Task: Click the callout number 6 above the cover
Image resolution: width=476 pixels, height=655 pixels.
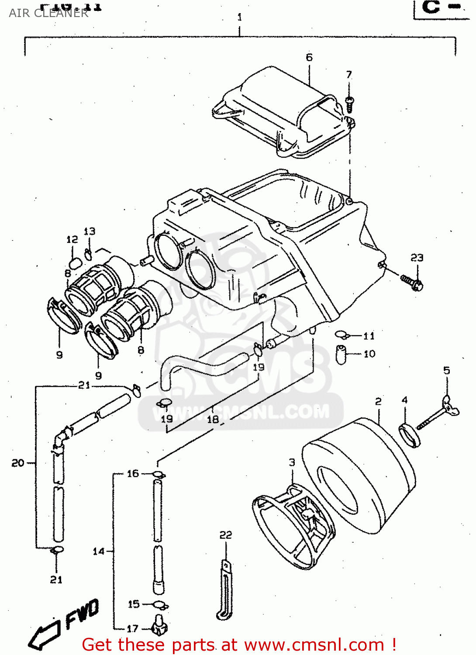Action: (x=309, y=57)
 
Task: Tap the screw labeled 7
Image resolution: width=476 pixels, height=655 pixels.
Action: (x=349, y=104)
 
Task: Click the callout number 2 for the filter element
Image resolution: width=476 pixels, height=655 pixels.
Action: (x=378, y=401)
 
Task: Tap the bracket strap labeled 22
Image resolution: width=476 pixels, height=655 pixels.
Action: (x=225, y=589)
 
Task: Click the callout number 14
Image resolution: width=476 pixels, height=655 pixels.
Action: (x=99, y=551)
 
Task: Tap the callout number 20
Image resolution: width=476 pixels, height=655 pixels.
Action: (x=18, y=462)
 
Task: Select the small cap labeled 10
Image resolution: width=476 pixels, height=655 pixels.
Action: (x=341, y=354)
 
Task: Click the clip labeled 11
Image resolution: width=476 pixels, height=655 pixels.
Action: (x=341, y=335)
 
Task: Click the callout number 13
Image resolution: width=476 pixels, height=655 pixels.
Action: (x=90, y=231)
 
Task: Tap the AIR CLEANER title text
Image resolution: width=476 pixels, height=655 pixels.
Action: (x=48, y=13)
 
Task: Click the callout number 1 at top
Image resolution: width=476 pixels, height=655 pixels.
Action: (x=239, y=17)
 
